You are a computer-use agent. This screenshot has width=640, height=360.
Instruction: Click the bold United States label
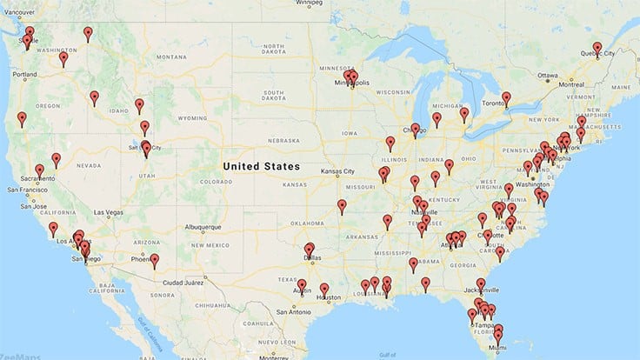[x=261, y=165]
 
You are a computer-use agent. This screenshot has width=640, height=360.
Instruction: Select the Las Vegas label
[x=109, y=212]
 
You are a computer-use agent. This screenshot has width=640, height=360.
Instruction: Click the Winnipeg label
[x=309, y=3]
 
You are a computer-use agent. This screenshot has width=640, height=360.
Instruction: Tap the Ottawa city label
[x=548, y=75]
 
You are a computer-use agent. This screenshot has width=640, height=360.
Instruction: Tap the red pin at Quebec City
[x=597, y=48]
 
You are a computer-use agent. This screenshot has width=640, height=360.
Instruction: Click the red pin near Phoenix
[x=154, y=260]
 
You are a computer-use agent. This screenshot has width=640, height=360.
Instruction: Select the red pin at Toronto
[x=506, y=98]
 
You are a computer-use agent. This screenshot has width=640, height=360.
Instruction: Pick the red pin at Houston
[x=324, y=290]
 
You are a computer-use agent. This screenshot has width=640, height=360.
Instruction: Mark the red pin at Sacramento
[x=40, y=171]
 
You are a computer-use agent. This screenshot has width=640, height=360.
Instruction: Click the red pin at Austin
[x=302, y=284]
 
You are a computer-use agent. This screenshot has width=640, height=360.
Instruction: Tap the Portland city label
[x=25, y=75]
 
